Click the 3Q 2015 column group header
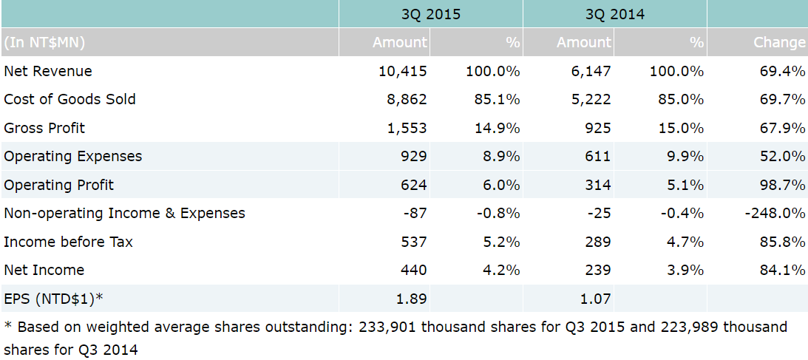[430, 14]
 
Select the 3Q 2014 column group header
[614, 14]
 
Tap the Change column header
[779, 43]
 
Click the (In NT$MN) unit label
[44, 43]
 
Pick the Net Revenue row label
[48, 72]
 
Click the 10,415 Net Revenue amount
[402, 72]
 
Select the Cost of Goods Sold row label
[69, 100]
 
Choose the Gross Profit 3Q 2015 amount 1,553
[407, 129]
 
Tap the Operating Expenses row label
[72, 157]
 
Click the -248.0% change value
[775, 214]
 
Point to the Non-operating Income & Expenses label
[124, 214]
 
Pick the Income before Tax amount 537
[413, 242]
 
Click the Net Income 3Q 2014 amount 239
[597, 271]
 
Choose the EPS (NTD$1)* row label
[53, 299]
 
